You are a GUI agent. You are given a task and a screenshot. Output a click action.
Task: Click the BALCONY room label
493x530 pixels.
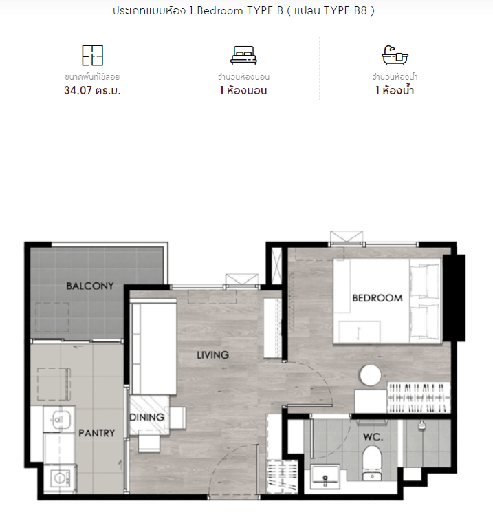tap(90, 286)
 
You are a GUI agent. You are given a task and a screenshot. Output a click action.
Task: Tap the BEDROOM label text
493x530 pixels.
tap(377, 298)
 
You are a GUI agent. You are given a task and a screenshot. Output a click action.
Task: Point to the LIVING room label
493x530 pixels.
tap(212, 355)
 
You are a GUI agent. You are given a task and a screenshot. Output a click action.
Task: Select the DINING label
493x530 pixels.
tap(147, 417)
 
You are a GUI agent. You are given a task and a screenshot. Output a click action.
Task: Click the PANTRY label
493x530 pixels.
tap(96, 433)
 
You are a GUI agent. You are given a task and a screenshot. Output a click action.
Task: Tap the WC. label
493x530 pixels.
tap(373, 437)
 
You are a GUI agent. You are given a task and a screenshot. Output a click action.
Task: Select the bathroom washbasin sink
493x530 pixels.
tap(325, 476)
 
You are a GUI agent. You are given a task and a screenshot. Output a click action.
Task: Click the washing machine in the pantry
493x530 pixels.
tap(60, 478)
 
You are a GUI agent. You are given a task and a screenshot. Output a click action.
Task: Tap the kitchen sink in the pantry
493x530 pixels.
tap(58, 420)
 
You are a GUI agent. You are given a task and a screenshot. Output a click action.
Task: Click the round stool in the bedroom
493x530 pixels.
tap(371, 375)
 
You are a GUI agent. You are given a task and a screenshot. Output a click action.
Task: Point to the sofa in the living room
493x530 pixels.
tap(153, 348)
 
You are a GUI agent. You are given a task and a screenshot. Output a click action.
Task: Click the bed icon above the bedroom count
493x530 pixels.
tap(243, 56)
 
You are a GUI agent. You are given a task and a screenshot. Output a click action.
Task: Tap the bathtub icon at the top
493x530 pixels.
tap(395, 55)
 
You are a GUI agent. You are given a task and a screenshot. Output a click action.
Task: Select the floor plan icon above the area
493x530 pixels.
tap(93, 56)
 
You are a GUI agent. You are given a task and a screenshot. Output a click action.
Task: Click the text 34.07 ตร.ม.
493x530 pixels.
tap(92, 91)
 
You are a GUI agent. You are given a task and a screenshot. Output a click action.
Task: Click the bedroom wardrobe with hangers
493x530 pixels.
tap(419, 398)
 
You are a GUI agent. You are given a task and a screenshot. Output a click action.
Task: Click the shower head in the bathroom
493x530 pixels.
tap(421, 425)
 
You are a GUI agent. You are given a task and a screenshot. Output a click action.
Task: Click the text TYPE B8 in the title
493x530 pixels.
tap(345, 11)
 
